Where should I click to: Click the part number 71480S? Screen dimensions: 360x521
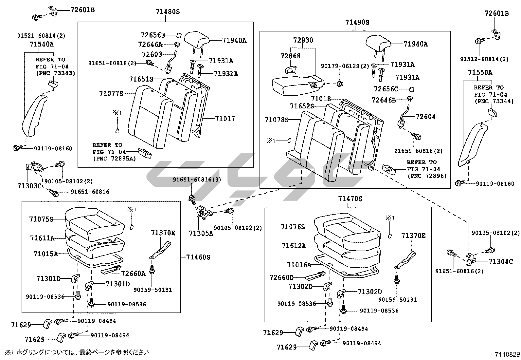coord(168,12)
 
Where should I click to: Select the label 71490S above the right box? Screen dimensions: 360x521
coord(357,22)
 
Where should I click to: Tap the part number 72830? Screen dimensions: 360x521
coord(303,40)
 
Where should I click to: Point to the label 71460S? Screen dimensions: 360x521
coord(198,257)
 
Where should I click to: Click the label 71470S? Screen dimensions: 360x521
coord(350,199)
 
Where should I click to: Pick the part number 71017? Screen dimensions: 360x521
coord(225,119)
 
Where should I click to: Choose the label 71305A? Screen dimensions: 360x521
coord(201,233)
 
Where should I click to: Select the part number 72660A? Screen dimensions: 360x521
coord(133,273)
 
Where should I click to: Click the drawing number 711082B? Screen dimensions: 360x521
coord(507,354)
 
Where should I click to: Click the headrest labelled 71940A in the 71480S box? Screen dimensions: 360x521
coord(197,39)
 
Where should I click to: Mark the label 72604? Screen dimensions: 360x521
coord(425,117)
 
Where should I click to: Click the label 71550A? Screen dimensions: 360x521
coord(480,72)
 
